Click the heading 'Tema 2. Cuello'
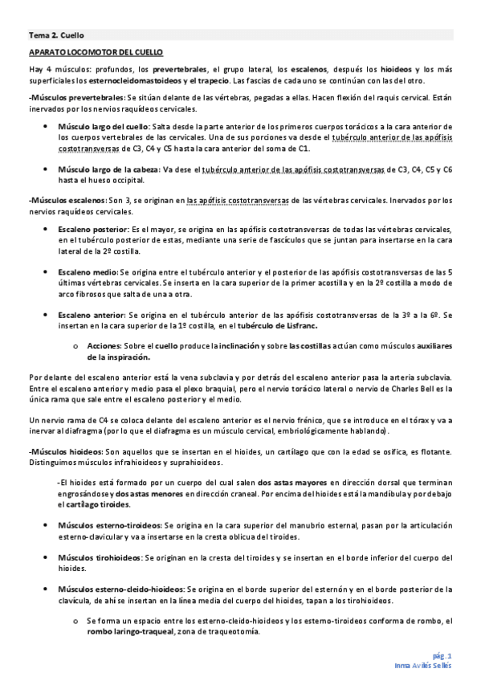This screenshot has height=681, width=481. pyautogui.click(x=57, y=35)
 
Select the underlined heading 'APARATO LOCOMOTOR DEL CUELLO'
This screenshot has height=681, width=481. pyautogui.click(x=96, y=52)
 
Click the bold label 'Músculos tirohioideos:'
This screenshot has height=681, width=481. pyautogui.click(x=100, y=557)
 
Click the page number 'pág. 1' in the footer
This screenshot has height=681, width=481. pyautogui.click(x=442, y=655)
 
